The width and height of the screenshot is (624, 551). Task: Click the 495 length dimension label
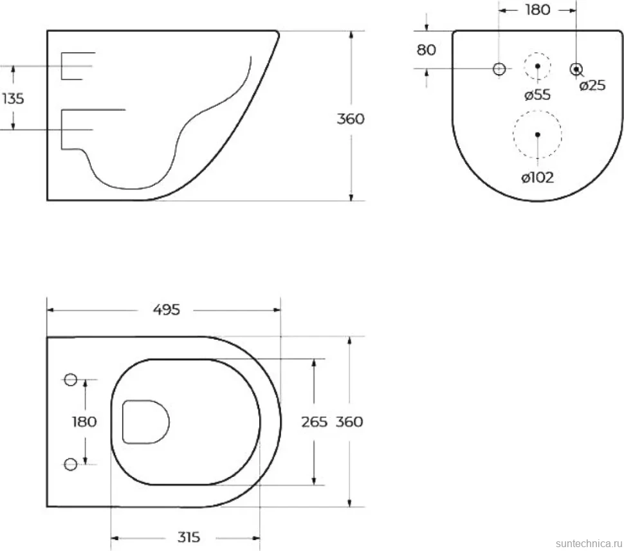tap(167, 310)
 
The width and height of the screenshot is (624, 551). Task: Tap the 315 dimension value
tap(188, 537)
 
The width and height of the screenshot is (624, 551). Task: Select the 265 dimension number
tap(314, 422)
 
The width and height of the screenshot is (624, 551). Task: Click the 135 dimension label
tap(13, 98)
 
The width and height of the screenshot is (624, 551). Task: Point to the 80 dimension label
tap(427, 50)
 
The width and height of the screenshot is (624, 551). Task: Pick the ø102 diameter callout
tap(537, 178)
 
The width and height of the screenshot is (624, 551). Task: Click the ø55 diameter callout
tap(537, 95)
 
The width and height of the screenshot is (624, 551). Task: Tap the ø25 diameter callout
tap(592, 85)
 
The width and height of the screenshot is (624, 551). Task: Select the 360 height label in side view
tap(350, 119)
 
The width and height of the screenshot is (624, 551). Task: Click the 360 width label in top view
tap(349, 422)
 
